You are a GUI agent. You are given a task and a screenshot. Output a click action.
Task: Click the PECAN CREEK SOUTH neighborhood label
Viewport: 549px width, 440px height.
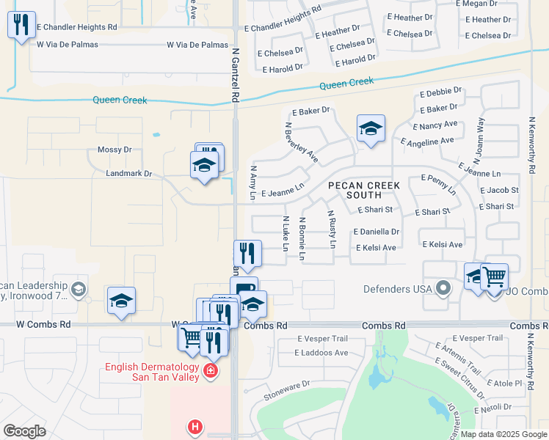[x=364, y=191]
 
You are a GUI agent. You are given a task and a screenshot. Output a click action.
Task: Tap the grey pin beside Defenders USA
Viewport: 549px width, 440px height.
[x=443, y=288]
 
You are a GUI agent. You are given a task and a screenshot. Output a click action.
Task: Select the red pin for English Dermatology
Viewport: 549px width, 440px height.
[x=211, y=372]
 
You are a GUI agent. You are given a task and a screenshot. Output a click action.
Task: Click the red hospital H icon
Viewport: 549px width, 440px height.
[x=194, y=426]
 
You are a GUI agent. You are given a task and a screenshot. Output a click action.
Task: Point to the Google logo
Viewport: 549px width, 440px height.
[x=24, y=431]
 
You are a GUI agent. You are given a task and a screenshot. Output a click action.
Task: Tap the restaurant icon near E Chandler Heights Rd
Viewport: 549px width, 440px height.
[x=21, y=25]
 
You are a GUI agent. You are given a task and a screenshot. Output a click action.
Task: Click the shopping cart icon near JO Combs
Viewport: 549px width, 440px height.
[x=495, y=278]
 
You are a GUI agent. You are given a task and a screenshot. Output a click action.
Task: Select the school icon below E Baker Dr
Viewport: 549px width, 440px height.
[x=371, y=130]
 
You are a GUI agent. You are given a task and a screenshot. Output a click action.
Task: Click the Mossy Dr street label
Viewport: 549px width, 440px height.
[x=114, y=150]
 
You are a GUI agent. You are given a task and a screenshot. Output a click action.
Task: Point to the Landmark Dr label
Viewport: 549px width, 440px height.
[x=128, y=174]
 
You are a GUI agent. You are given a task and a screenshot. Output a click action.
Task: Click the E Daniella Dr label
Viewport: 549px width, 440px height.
[x=376, y=232]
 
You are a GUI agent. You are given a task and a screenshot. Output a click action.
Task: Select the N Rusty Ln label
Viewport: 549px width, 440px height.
[x=332, y=227]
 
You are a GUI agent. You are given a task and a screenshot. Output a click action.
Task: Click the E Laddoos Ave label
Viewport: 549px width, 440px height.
[x=321, y=353]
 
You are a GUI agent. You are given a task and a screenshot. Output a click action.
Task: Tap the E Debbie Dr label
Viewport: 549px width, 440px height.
[x=440, y=94]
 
